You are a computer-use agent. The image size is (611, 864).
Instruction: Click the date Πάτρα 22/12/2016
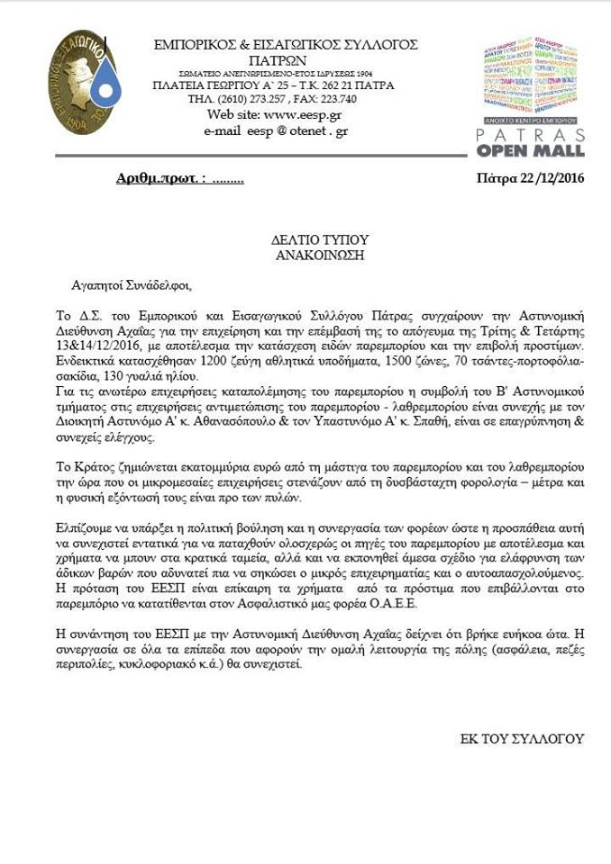tap(530, 178)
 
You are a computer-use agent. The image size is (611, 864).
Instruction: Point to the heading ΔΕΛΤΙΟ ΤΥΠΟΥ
tap(306, 239)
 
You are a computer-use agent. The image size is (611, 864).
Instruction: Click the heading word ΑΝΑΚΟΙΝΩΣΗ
tap(306, 255)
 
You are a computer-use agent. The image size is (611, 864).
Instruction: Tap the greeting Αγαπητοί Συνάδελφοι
tap(132, 286)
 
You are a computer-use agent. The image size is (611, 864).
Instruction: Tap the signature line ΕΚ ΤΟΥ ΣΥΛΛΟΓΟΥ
tap(522, 739)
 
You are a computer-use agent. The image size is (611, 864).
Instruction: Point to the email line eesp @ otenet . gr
tap(275, 130)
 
